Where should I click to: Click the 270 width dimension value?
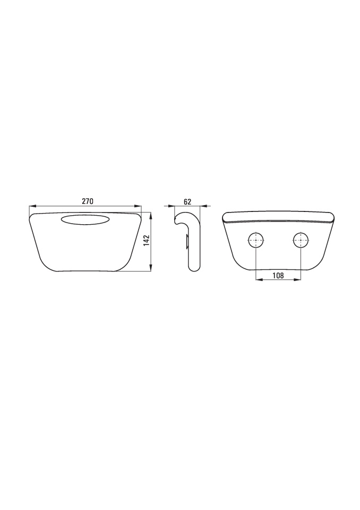point(87,201)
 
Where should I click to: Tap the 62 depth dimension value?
point(187,201)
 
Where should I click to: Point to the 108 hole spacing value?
point(278,276)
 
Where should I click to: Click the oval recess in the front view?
point(85,219)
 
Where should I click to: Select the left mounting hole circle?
point(256,240)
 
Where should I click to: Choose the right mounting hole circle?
point(301,240)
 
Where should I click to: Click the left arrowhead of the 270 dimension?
point(32,206)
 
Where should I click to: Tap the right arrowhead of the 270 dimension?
point(138,206)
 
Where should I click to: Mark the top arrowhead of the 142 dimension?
point(151,216)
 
